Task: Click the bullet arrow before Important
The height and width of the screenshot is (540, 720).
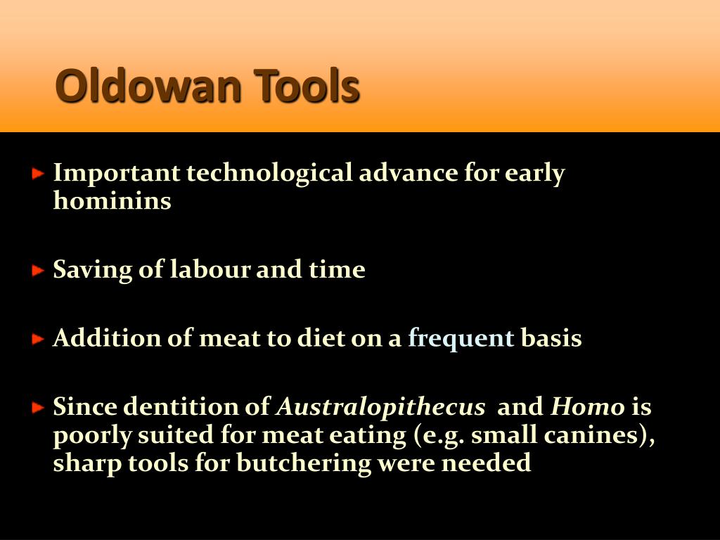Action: click(x=38, y=173)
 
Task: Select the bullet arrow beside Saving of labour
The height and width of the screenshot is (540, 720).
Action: click(x=38, y=270)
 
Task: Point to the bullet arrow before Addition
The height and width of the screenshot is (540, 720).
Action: click(x=38, y=339)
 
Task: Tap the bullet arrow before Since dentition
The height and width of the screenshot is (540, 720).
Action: click(x=38, y=407)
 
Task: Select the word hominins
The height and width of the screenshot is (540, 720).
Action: click(x=112, y=201)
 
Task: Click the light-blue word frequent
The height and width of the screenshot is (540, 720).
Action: click(x=461, y=339)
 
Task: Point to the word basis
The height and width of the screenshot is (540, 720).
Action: click(x=551, y=339)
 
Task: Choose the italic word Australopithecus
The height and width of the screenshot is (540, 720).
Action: click(x=380, y=407)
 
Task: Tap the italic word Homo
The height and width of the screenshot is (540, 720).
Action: click(x=588, y=407)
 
